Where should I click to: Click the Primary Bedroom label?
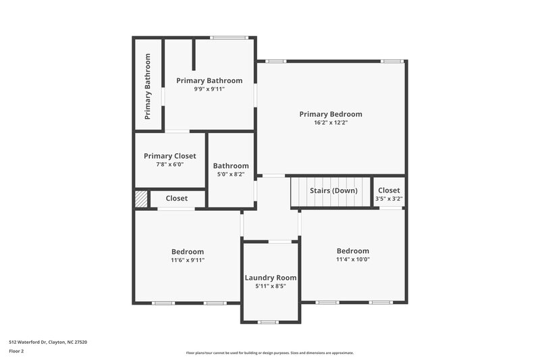(x=331, y=114)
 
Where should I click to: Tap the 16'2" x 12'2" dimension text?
(x=331, y=123)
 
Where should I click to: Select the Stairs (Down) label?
(x=333, y=190)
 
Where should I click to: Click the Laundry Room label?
(x=270, y=278)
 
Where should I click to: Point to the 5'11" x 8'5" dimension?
(x=270, y=286)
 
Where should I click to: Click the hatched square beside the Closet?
(x=140, y=199)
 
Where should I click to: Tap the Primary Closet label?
(x=170, y=156)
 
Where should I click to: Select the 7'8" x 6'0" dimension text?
(x=170, y=164)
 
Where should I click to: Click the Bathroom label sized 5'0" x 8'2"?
(x=231, y=165)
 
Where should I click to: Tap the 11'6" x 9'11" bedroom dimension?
(x=188, y=260)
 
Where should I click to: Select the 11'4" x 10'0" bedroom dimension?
(x=353, y=259)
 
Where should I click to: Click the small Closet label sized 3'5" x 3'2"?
(x=389, y=190)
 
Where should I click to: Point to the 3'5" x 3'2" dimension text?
(x=389, y=199)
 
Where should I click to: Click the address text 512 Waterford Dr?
(x=47, y=342)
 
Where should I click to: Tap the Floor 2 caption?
(x=17, y=351)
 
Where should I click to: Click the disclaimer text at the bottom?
(x=269, y=353)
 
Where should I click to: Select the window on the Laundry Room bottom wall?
(x=269, y=322)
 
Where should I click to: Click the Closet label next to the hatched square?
(x=177, y=199)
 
